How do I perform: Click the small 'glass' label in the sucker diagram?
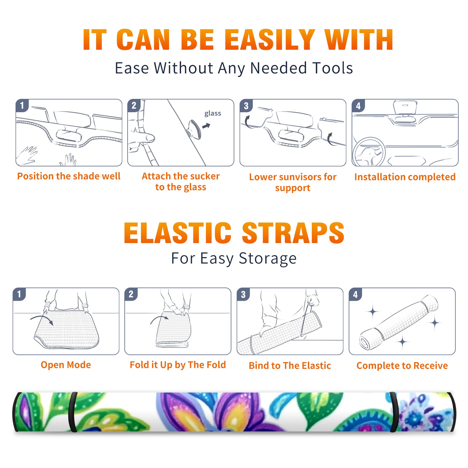pos(213,113)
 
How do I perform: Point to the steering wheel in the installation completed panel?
pos(369,152)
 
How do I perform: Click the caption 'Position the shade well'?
pos(69,176)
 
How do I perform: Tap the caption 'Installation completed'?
pos(405,177)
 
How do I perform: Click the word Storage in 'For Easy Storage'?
pos(268,259)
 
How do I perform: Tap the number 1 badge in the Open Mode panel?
pos(19,294)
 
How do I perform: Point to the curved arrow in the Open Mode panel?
pos(42,319)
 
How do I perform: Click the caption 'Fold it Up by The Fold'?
pos(178,365)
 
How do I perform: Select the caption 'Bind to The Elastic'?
pos(290,366)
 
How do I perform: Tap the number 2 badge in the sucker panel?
pos(134,105)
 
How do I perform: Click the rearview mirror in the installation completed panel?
pos(405,108)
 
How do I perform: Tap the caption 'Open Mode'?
pos(66,365)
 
